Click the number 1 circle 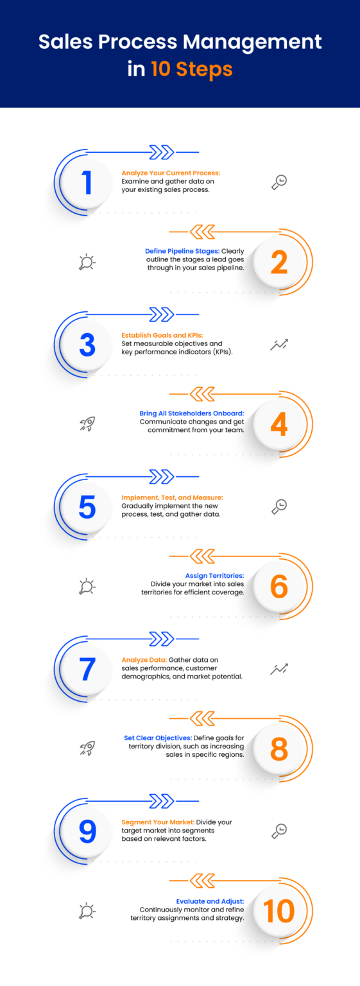click(x=87, y=182)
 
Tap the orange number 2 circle click(x=279, y=263)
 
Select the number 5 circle click(x=87, y=507)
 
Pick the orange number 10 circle click(x=279, y=911)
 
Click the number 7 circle click(x=87, y=670)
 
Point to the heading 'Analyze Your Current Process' click(x=171, y=173)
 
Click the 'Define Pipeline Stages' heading click(x=182, y=252)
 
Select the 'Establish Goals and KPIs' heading click(x=162, y=336)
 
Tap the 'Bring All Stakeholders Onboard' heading click(x=192, y=413)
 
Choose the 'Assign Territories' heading click(x=214, y=576)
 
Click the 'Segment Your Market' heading click(x=158, y=822)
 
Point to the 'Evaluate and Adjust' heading click(x=210, y=901)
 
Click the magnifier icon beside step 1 click(x=279, y=182)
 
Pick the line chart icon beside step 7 click(x=279, y=670)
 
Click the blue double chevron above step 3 click(x=162, y=315)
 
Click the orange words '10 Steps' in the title click(x=191, y=69)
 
